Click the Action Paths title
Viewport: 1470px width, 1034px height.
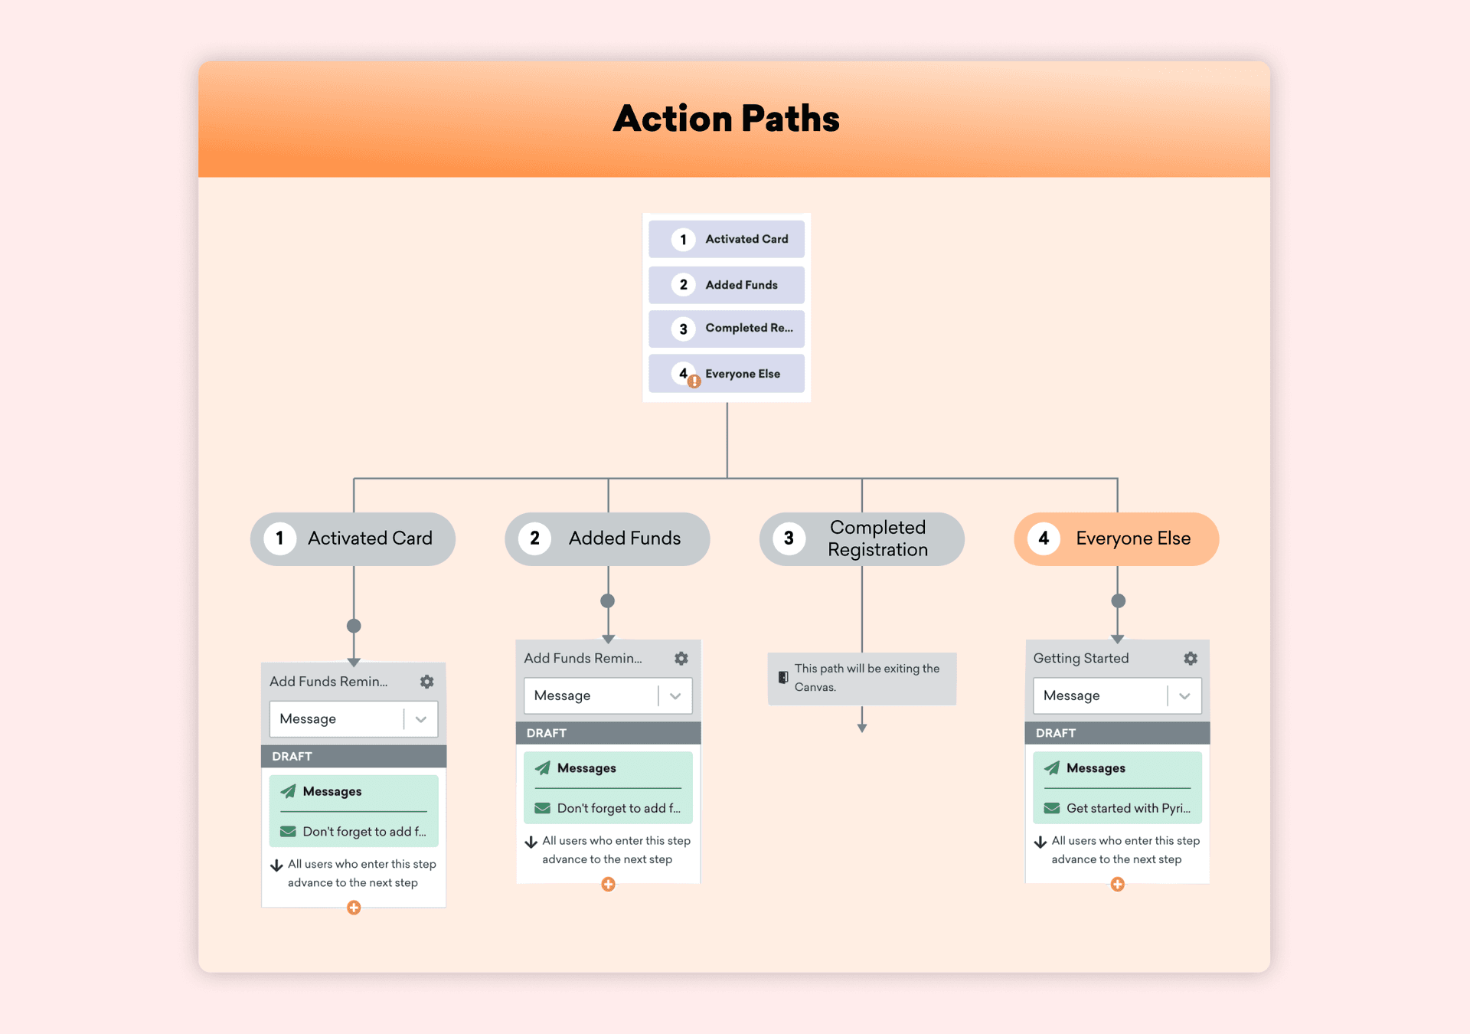726,119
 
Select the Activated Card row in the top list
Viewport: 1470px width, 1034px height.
726,239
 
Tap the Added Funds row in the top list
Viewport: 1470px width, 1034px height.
726,284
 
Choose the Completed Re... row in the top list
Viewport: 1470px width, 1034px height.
726,329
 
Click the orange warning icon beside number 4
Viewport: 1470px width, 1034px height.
694,381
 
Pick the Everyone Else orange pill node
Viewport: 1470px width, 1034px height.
1116,538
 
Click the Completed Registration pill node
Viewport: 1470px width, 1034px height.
861,538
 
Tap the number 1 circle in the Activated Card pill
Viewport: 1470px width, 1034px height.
279,538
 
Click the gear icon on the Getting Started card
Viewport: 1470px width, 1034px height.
1191,658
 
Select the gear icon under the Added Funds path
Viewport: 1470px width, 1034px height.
681,658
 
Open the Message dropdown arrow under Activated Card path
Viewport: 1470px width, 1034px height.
420,719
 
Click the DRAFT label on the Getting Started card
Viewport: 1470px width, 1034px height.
1056,733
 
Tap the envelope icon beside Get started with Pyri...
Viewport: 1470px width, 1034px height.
1052,808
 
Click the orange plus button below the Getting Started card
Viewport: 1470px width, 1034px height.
1117,885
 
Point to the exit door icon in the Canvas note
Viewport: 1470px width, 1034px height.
783,677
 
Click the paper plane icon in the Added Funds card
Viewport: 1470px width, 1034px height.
543,767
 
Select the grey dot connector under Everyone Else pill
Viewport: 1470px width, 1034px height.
1118,600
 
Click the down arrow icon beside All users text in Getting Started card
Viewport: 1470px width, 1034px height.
1040,842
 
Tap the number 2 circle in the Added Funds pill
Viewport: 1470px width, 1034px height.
534,538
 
